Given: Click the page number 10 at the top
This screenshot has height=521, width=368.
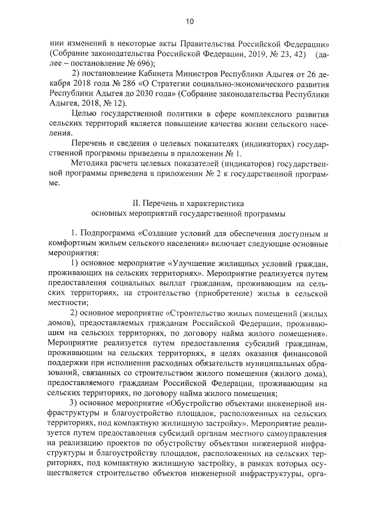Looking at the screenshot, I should pyautogui.click(x=189, y=21).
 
